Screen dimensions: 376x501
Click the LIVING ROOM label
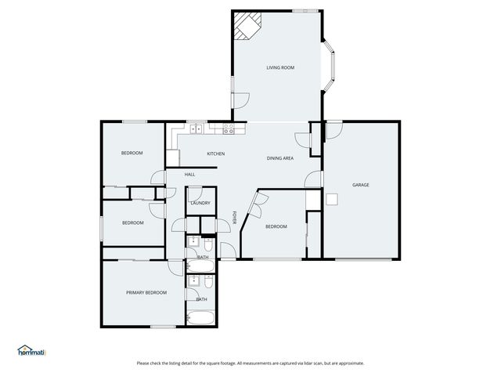280,68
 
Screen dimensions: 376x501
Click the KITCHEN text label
215,154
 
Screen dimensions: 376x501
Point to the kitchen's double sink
195,129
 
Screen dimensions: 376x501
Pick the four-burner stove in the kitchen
229,129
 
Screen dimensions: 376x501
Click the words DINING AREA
280,158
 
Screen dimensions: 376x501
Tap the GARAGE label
360,185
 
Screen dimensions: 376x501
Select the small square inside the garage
333,199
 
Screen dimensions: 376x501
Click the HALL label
190,174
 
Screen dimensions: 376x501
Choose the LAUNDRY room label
200,203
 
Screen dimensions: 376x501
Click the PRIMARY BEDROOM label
146,292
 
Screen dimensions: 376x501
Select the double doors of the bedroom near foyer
254,205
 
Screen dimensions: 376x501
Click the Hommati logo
32,351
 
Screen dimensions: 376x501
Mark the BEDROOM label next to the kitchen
132,153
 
